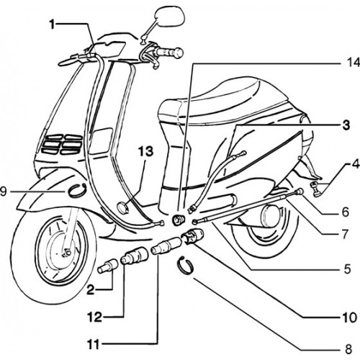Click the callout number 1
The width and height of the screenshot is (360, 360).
coord(53,25)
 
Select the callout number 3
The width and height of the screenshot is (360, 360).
coord(346,125)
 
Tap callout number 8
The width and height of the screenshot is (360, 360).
coord(348,349)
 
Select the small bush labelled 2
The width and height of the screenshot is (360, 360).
coord(107,266)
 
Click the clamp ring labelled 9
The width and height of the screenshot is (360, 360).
coord(77,190)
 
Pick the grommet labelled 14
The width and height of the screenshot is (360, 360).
coord(179,220)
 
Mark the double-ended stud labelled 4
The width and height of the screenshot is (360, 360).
coord(317,189)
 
